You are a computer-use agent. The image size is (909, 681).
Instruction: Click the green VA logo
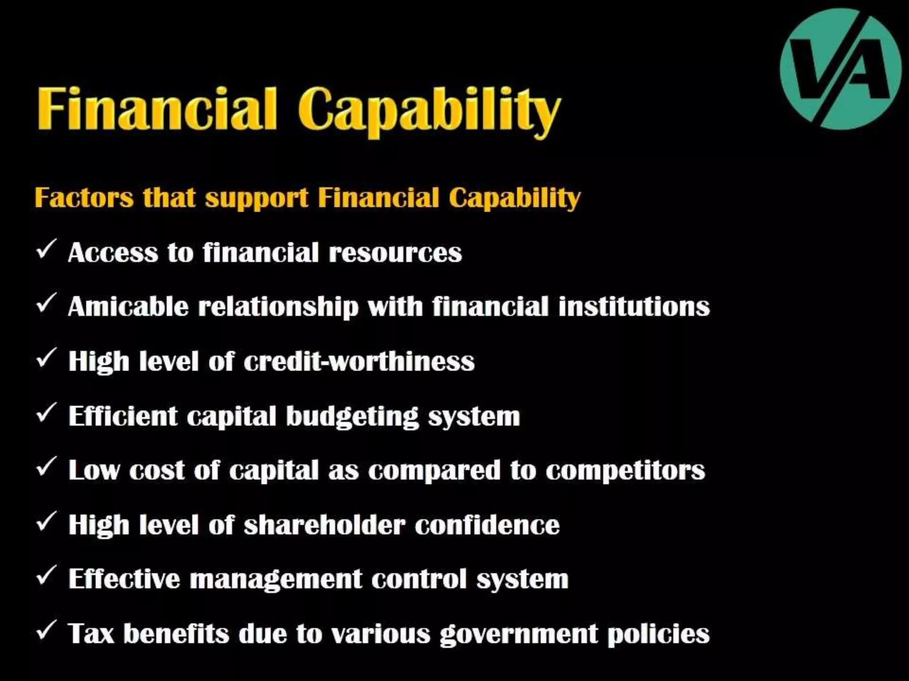pos(840,69)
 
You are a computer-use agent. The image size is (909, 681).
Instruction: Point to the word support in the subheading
pos(257,198)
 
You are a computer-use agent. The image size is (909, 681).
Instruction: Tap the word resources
pos(395,253)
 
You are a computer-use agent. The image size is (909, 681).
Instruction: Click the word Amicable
pos(128,306)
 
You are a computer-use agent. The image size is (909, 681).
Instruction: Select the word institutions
pos(634,306)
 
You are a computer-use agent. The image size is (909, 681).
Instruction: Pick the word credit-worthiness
pos(359,361)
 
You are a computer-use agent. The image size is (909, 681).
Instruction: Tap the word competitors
pos(625,470)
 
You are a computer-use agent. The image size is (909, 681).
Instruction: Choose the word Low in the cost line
pos(94,470)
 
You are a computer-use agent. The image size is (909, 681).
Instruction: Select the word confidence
pos(487,525)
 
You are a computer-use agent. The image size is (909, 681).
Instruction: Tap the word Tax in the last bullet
pos(91,634)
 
